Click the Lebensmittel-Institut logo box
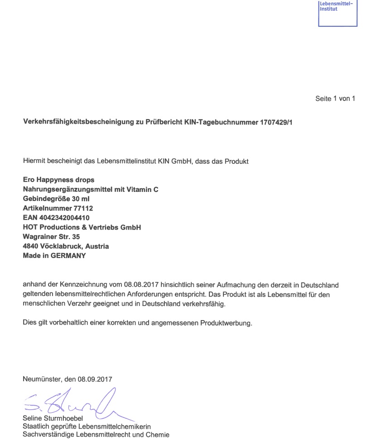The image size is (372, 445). pyautogui.click(x=338, y=13)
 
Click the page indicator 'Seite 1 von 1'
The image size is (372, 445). pyautogui.click(x=335, y=99)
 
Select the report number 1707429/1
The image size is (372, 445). pyautogui.click(x=276, y=123)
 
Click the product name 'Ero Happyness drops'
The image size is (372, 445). pyautogui.click(x=58, y=180)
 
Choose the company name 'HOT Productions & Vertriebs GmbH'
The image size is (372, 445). pyautogui.click(x=82, y=227)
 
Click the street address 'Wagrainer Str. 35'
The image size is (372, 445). pyautogui.click(x=51, y=237)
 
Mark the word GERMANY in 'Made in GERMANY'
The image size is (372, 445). pyautogui.click(x=68, y=256)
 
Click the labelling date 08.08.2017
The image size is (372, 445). pyautogui.click(x=139, y=285)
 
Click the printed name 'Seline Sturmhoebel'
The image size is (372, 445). pyautogui.click(x=53, y=418)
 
